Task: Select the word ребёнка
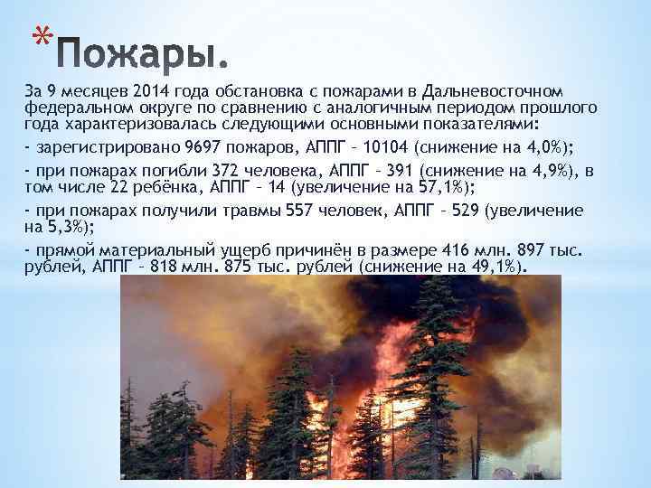[163, 188]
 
